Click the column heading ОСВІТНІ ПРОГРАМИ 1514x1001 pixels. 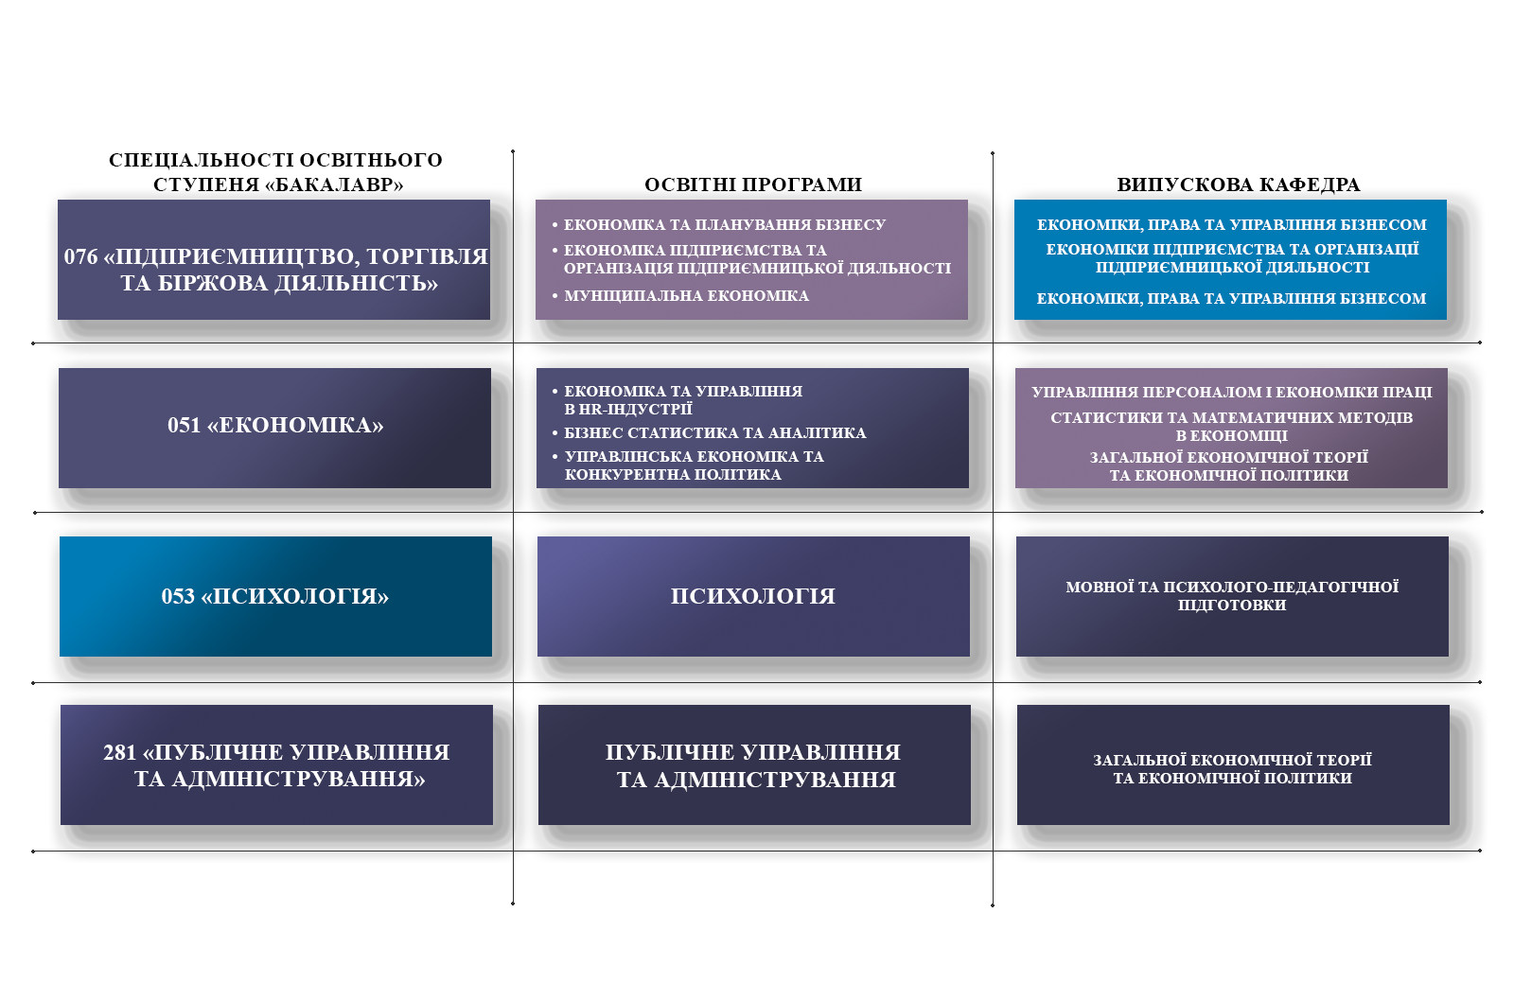[x=753, y=184]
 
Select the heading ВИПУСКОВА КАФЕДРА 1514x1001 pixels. [x=1239, y=184]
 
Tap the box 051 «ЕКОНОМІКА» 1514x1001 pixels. [x=274, y=428]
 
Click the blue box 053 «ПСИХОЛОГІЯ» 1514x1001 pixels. [x=275, y=596]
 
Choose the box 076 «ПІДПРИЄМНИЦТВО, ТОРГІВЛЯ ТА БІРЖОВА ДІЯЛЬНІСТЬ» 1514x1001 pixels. [x=273, y=259]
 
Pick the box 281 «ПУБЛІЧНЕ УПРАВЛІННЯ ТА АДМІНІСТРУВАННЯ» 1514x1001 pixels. [x=276, y=765]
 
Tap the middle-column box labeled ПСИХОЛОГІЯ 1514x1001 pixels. [x=753, y=596]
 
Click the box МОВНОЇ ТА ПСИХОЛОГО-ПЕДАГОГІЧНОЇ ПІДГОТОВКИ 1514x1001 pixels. [x=1232, y=596]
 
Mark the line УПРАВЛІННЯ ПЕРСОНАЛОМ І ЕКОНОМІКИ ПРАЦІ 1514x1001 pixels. [x=1231, y=392]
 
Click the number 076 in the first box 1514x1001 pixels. [x=81, y=256]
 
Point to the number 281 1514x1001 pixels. [x=120, y=752]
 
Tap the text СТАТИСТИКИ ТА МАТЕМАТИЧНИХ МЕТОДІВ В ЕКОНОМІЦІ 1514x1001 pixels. [x=1231, y=427]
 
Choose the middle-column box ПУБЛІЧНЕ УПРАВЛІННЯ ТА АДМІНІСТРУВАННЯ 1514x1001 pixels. [x=754, y=765]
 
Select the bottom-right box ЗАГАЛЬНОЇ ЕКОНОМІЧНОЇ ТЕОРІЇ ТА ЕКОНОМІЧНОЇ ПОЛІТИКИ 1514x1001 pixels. [x=1234, y=765]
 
